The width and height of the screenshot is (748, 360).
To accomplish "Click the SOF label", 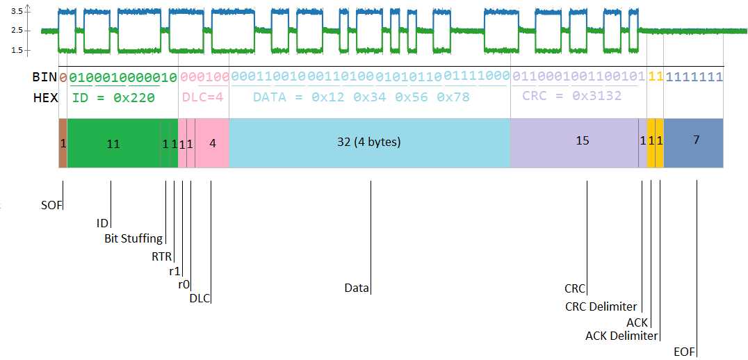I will tap(51, 206).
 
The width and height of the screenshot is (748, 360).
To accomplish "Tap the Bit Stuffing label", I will tap(133, 238).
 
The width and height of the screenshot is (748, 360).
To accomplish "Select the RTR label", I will tap(161, 256).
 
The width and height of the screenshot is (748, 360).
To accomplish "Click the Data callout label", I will tap(356, 288).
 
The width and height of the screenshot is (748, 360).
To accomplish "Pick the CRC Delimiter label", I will tap(601, 306).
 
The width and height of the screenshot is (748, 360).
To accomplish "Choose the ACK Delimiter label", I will tap(621, 336).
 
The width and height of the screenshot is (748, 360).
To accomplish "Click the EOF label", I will tap(684, 352).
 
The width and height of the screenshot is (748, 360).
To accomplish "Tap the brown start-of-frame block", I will tap(63, 143).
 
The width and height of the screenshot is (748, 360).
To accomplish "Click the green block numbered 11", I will tap(113, 143).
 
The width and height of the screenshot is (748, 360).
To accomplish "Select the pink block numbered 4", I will tap(213, 143).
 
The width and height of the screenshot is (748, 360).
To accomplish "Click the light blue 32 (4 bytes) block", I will tap(369, 143).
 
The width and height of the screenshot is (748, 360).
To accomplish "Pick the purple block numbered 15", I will tap(583, 141).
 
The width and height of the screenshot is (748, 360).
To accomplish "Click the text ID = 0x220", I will tap(113, 98).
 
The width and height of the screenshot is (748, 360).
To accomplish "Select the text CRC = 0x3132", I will tap(571, 96).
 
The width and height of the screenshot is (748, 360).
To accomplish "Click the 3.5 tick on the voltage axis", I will tap(17, 12).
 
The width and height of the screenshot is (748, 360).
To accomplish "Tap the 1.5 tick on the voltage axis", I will tap(17, 50).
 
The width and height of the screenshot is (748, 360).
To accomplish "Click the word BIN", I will tap(45, 77).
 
